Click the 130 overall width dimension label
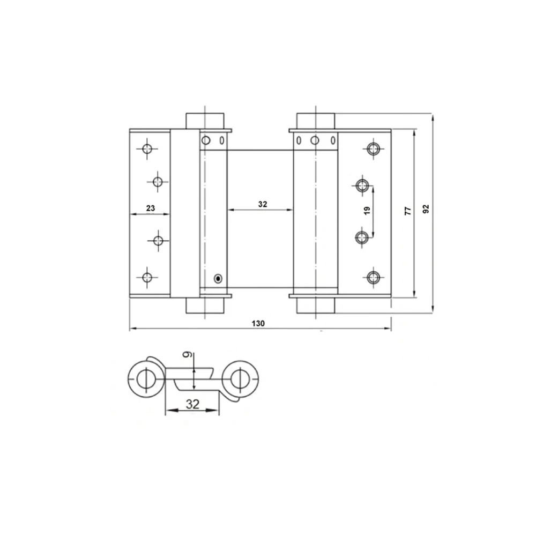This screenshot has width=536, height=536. (258, 323)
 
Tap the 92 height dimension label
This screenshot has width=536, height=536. (426, 209)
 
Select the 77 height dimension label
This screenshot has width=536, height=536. (408, 211)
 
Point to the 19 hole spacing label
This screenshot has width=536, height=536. (367, 211)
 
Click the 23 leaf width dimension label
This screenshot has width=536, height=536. (151, 208)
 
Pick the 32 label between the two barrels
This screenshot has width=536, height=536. (262, 204)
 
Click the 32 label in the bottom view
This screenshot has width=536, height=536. (192, 404)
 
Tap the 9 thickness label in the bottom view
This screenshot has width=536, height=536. (187, 355)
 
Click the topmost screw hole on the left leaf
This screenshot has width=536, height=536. (147, 148)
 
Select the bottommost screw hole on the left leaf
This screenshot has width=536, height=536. (147, 277)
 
